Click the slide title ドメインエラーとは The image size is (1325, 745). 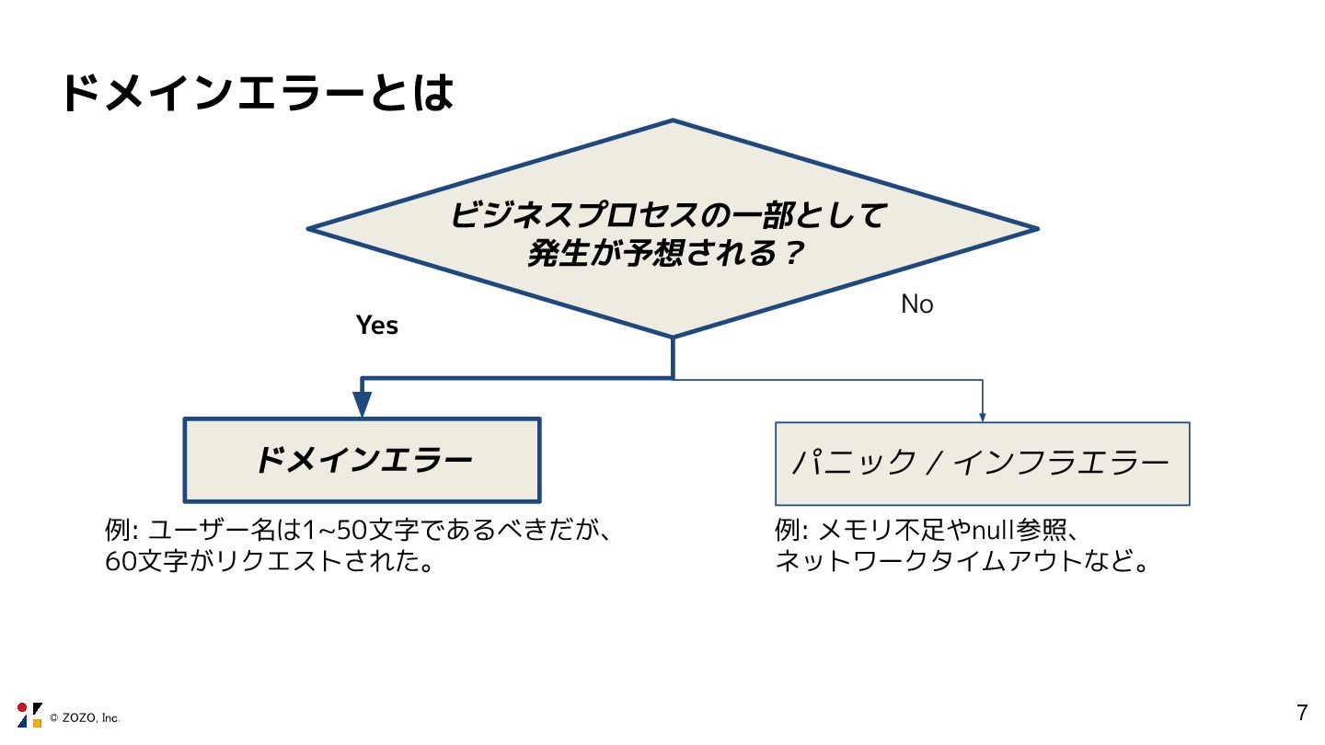(258, 93)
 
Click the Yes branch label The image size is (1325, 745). (377, 326)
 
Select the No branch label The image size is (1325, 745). (916, 304)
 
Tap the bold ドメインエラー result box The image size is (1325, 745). (363, 460)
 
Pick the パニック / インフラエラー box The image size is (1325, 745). (982, 464)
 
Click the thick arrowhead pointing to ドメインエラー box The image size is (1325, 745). (362, 404)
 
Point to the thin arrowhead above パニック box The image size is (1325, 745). (983, 415)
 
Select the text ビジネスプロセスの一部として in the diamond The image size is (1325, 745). (668, 216)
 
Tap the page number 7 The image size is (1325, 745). (1301, 712)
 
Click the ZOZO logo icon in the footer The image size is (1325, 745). (29, 715)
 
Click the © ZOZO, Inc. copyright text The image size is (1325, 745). (85, 717)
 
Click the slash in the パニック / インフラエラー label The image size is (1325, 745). (932, 463)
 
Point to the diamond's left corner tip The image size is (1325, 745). (310, 228)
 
